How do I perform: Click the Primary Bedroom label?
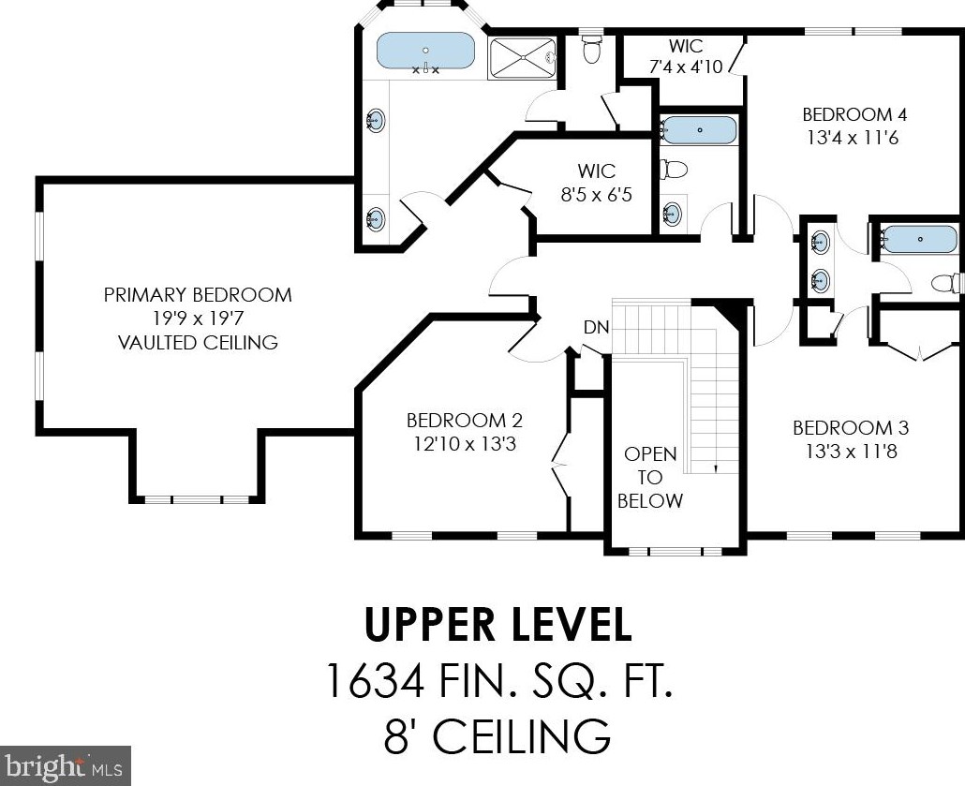click(x=198, y=295)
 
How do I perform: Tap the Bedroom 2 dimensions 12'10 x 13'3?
click(x=465, y=444)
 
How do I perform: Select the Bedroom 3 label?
click(x=851, y=428)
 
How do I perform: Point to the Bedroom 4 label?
click(x=854, y=114)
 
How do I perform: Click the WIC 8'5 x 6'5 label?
click(x=597, y=183)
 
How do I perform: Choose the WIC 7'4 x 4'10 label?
click(x=686, y=56)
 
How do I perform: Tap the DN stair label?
click(x=596, y=328)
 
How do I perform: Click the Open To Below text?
click(x=650, y=478)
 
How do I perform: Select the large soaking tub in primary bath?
click(x=425, y=52)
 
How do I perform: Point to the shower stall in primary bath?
click(x=522, y=58)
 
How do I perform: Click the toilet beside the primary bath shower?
click(x=592, y=50)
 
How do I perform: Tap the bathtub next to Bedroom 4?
click(x=699, y=130)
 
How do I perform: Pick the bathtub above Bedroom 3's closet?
click(x=917, y=240)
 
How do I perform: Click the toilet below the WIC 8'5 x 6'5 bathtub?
click(x=674, y=168)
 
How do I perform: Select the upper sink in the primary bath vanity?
click(x=376, y=119)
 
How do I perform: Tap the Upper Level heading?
click(x=498, y=625)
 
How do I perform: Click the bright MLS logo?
click(x=66, y=765)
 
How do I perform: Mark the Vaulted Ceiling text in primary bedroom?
click(x=198, y=342)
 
